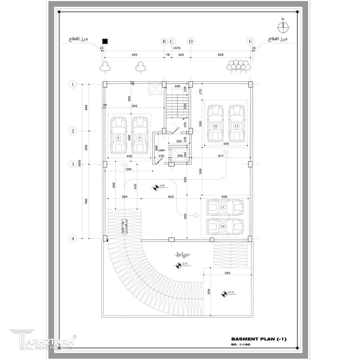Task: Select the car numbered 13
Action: pyautogui.click(x=236, y=124)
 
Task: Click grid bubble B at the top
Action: pyautogui.click(x=164, y=41)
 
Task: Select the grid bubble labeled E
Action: pyautogui.click(x=250, y=41)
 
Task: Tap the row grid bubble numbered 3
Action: pyautogui.click(x=73, y=164)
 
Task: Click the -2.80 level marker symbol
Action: pyautogui.click(x=156, y=187)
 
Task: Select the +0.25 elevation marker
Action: pyautogui.click(x=224, y=294)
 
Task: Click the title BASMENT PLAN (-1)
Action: pyautogui.click(x=258, y=339)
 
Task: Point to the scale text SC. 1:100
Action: pyautogui.click(x=240, y=344)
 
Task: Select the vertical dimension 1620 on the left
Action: pyautogui.click(x=80, y=163)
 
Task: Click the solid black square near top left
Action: pyautogui.click(x=105, y=41)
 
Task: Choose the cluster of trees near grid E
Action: pyautogui.click(x=238, y=66)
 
